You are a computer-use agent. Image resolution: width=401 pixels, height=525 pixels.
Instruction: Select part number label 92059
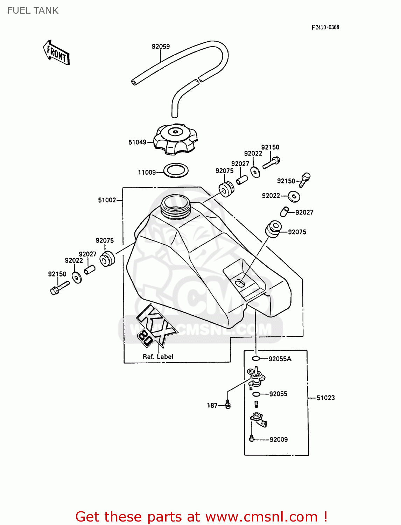point(161,47)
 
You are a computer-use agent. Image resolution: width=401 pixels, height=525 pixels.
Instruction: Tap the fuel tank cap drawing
point(175,139)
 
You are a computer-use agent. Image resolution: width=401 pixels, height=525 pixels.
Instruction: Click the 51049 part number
point(137,142)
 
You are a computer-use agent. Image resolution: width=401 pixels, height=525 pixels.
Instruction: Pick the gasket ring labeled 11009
point(176,171)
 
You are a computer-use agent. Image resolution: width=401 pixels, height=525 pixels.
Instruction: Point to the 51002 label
point(107,200)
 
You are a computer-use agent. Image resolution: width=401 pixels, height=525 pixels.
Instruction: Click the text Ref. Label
point(158,357)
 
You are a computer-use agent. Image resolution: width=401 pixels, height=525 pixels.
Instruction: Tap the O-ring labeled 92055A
point(256,358)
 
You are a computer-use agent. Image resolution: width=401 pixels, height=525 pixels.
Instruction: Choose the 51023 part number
point(325,398)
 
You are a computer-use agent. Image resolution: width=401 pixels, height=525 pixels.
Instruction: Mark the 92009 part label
point(279,440)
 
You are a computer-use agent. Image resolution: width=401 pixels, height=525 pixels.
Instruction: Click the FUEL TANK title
point(33,10)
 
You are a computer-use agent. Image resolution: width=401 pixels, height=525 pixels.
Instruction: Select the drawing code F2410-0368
point(325,27)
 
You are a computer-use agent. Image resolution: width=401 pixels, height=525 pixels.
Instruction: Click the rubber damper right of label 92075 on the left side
point(107,259)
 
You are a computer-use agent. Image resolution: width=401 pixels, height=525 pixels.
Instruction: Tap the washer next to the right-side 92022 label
point(294,196)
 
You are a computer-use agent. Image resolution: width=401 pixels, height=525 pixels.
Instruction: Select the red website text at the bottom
point(201,517)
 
